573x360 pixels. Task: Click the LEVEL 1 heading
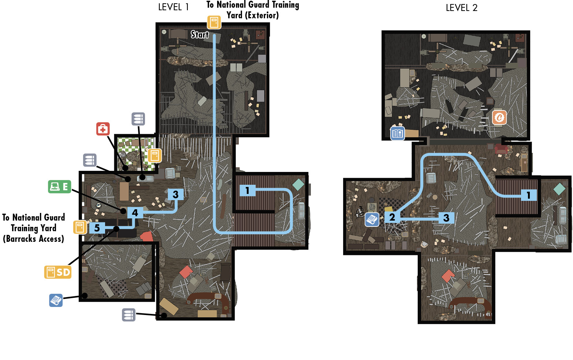tap(174, 7)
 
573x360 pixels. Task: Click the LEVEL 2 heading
tap(461, 8)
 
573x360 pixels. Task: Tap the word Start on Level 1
tap(200, 34)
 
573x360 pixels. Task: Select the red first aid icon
tap(103, 129)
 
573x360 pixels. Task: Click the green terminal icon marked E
tap(60, 186)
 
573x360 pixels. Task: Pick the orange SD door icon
tap(58, 272)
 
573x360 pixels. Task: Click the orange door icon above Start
tap(214, 22)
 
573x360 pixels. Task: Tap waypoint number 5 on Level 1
tap(97, 228)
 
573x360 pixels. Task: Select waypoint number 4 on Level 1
tap(135, 213)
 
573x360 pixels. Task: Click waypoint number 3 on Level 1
tap(175, 194)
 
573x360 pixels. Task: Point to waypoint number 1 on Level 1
tap(248, 191)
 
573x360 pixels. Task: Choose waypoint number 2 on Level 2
tap(392, 217)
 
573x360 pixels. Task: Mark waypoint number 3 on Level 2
tap(446, 218)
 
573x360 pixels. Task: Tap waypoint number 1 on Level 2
tap(529, 195)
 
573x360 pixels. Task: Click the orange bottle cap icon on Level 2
tap(499, 117)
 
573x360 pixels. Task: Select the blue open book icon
tap(398, 133)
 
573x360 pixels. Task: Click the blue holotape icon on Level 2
tap(372, 220)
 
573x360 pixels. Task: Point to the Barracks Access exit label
tap(34, 228)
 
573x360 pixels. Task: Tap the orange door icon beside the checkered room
tap(155, 155)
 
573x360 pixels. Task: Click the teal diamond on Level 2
tap(559, 189)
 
